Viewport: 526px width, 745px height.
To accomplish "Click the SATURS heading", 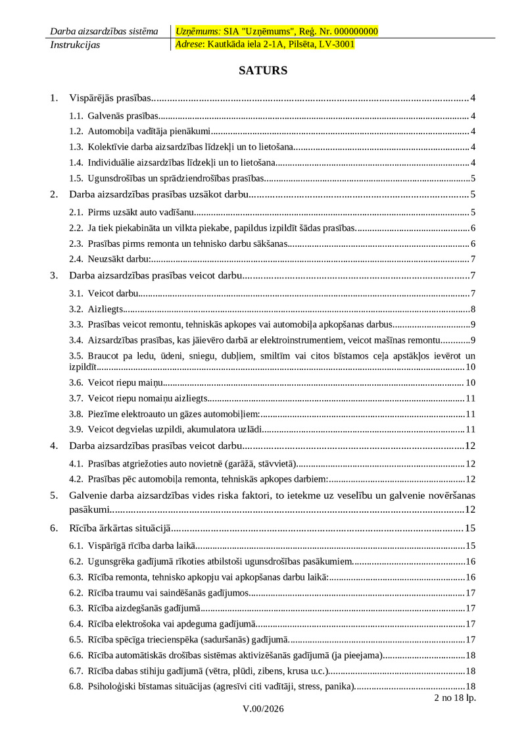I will [263, 70].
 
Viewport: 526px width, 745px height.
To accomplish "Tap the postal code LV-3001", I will [335, 45].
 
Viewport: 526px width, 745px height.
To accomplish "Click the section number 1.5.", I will [76, 178].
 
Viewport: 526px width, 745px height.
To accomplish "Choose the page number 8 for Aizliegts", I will [473, 309].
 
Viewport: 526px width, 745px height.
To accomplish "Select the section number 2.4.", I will [76, 259].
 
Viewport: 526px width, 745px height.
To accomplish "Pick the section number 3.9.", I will [76, 430].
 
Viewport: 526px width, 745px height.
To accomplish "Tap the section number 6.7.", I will [76, 671].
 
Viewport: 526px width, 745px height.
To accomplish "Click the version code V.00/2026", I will [263, 709].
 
